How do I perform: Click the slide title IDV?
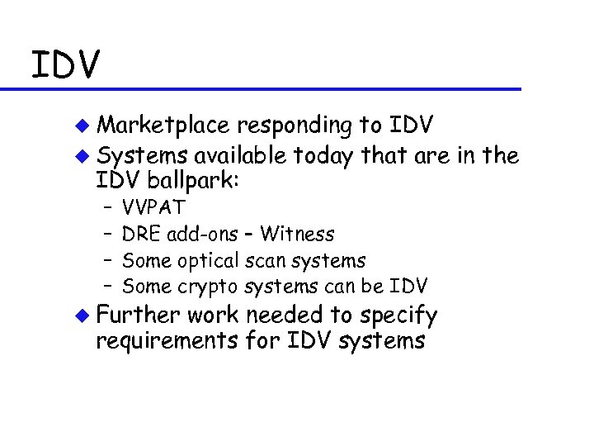point(66,64)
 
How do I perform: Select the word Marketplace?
point(163,126)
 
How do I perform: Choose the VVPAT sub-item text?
point(154,207)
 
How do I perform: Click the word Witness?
point(297,234)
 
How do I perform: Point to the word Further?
point(138,315)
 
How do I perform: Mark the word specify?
point(401,316)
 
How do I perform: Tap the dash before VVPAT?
point(107,207)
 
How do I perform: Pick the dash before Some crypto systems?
point(107,287)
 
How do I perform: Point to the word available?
point(242,155)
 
